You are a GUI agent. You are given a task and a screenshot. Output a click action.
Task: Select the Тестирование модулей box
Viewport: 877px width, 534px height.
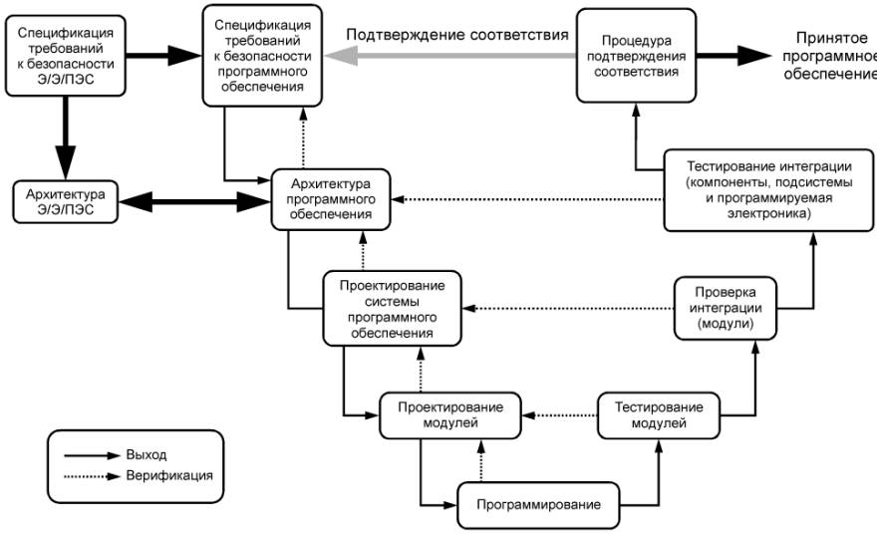(658, 415)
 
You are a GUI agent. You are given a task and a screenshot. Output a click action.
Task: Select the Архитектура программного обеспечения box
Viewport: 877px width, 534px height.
(331, 198)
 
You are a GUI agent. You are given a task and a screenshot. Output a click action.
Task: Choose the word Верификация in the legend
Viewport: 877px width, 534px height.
(169, 476)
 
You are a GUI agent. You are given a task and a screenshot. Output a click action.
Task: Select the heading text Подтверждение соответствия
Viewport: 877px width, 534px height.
(456, 34)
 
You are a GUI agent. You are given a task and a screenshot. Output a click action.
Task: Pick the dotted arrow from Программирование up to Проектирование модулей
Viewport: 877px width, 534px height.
(480, 460)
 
